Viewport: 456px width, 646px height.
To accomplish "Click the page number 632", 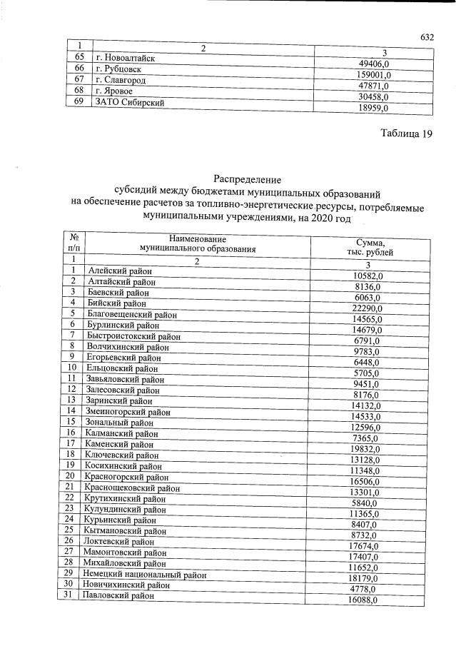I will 427,37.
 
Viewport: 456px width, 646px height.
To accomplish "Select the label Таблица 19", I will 407,135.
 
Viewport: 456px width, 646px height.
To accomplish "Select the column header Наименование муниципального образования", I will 198,243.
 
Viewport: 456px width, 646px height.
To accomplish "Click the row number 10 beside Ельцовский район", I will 72,368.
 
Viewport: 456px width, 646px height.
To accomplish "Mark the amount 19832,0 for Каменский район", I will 370,449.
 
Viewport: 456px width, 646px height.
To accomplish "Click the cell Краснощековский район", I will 132,488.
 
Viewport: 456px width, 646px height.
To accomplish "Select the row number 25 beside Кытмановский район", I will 69,530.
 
